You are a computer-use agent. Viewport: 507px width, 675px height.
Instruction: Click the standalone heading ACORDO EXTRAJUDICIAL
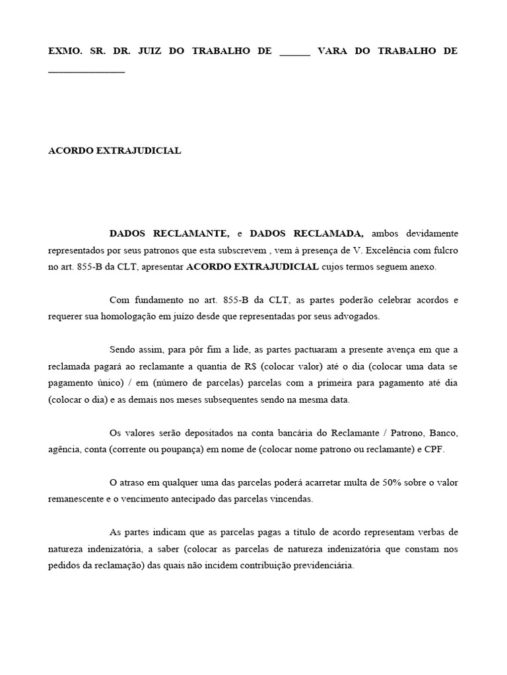click(x=115, y=150)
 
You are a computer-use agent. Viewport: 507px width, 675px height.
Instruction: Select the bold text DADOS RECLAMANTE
click(x=170, y=233)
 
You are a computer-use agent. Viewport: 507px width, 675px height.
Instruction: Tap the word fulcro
click(x=444, y=250)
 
